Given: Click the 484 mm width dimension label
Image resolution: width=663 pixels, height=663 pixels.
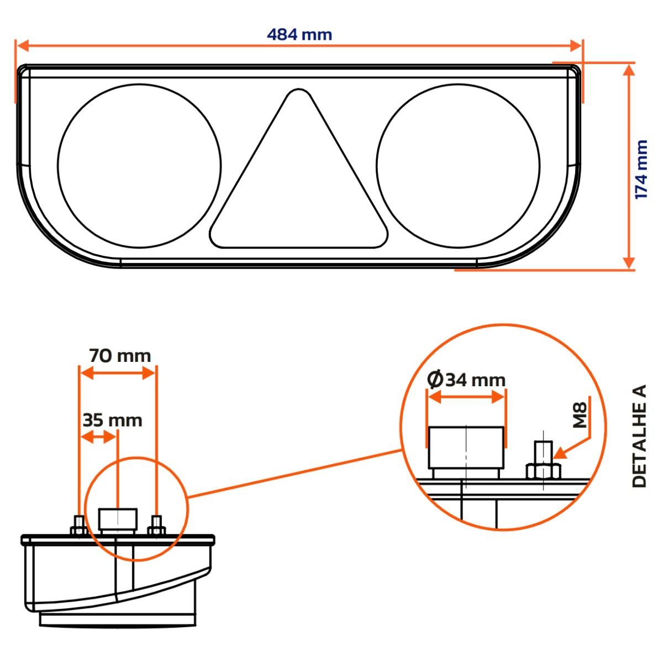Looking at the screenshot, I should click(x=299, y=35).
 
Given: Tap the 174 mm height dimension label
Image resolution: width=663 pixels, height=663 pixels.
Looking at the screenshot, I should click(x=641, y=170).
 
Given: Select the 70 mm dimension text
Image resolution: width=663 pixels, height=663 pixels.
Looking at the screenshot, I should click(x=120, y=356).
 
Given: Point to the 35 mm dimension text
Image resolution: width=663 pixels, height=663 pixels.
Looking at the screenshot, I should click(x=112, y=420).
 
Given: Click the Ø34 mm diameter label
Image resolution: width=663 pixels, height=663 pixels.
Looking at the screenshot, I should click(x=467, y=380).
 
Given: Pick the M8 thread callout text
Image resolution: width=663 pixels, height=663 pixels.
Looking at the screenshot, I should click(x=579, y=414).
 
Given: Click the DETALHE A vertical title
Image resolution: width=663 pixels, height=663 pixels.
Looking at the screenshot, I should click(x=639, y=436).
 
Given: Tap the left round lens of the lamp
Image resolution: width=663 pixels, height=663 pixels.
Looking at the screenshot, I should click(x=139, y=165).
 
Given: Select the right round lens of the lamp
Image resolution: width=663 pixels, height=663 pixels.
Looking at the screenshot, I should click(x=458, y=165).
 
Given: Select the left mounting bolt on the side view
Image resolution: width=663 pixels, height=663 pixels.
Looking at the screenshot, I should click(x=78, y=525).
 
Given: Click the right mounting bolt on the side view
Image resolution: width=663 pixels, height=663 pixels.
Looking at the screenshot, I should click(x=156, y=525).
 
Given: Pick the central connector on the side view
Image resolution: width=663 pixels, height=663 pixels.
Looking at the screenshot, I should click(x=117, y=519).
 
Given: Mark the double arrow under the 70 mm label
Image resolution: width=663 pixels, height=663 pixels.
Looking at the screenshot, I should click(x=118, y=373).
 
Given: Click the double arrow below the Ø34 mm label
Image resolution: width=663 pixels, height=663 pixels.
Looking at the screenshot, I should click(x=466, y=396).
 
